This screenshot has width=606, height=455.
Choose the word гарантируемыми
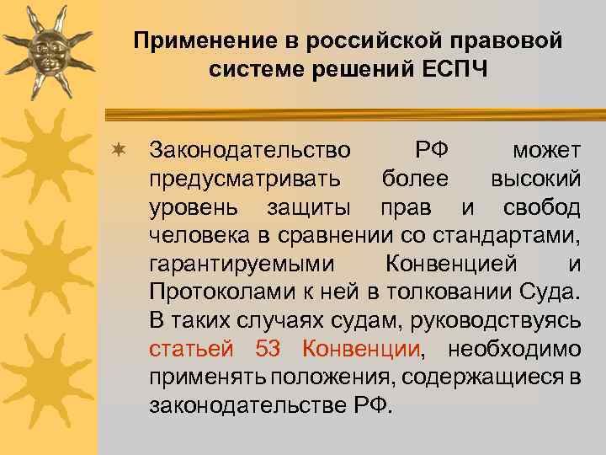[x=240, y=264]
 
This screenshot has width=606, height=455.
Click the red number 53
[x=270, y=349]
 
